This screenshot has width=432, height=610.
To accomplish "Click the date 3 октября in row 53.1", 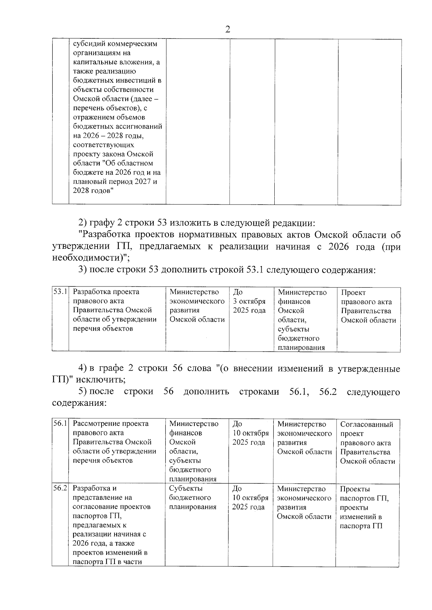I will pyautogui.click(x=249, y=301).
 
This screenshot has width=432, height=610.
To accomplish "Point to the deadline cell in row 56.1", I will pyautogui.click(x=250, y=433).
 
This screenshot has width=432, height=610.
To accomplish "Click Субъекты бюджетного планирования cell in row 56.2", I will pyautogui.click(x=193, y=497).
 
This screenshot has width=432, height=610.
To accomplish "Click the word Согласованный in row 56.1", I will pyautogui.click(x=367, y=424).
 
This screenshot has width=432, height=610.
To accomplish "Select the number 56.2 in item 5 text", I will pyautogui.click(x=328, y=391).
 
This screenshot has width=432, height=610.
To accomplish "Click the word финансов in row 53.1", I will pyautogui.click(x=294, y=301).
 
